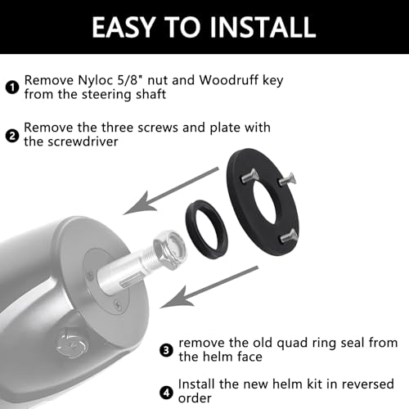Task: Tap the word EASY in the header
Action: click(123, 27)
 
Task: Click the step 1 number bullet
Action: click(12, 88)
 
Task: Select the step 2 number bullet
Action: click(12, 136)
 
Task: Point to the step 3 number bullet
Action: click(166, 350)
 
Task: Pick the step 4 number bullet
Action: click(166, 393)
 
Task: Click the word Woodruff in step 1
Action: click(228, 80)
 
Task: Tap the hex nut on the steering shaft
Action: click(169, 249)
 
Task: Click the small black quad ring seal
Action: click(206, 230)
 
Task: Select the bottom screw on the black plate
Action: click(288, 236)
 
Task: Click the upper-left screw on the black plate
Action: click(249, 177)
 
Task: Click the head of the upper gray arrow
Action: click(140, 203)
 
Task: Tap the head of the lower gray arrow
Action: click(177, 297)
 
